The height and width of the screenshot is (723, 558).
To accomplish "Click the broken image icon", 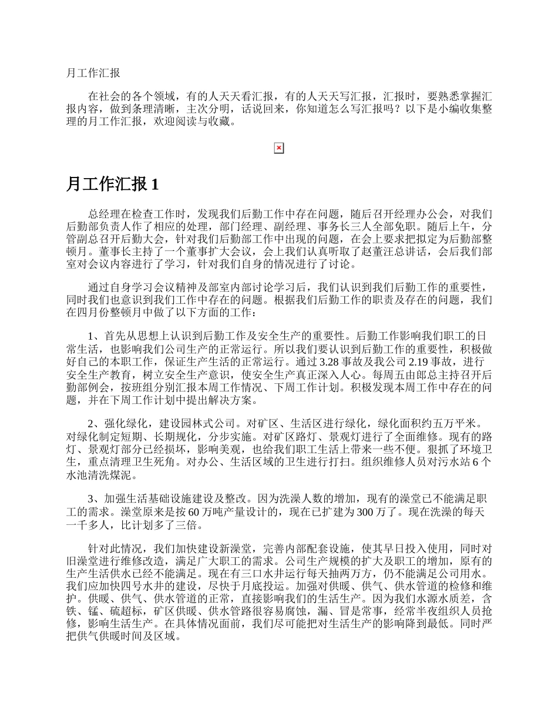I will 279,149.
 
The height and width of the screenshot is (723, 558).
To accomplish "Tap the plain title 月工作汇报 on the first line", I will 94,73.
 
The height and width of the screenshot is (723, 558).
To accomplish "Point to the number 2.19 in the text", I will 425,361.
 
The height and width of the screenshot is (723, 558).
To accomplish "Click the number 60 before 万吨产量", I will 195,511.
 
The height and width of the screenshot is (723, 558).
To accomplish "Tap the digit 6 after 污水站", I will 476,462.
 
